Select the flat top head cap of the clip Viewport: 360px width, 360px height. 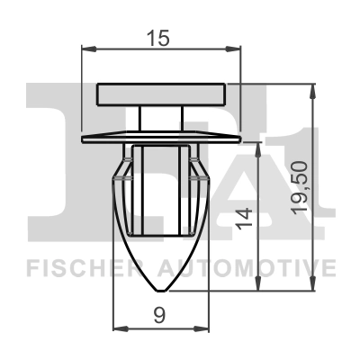tap(162, 94)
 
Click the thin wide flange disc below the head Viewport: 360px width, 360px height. tap(162, 139)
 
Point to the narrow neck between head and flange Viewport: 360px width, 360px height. tap(162, 119)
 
